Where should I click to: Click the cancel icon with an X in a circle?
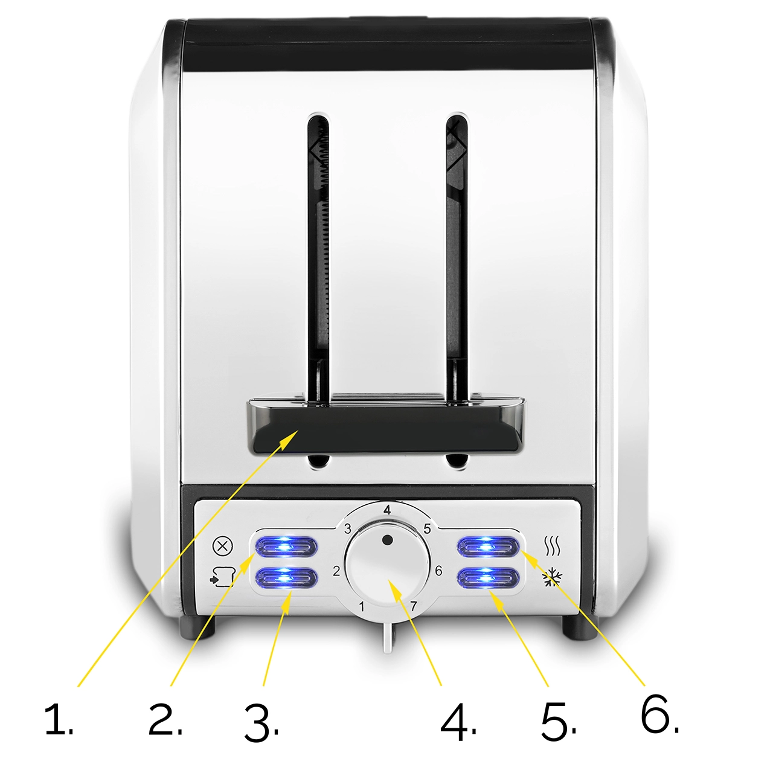pyautogui.click(x=222, y=546)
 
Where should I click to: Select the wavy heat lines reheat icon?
pyautogui.click(x=552, y=546)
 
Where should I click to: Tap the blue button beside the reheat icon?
pyautogui.click(x=489, y=546)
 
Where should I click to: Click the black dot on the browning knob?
pyautogui.click(x=387, y=540)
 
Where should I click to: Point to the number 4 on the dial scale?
pyautogui.click(x=386, y=510)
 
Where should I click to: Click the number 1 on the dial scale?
pyautogui.click(x=361, y=606)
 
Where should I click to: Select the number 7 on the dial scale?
pyautogui.click(x=414, y=606)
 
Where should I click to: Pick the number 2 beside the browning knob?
pyautogui.click(x=336, y=571)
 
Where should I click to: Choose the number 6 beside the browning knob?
pyautogui.click(x=438, y=571)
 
